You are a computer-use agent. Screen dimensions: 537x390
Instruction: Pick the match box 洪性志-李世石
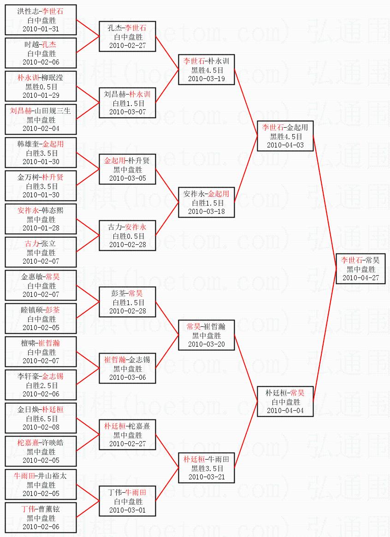click(x=41, y=20)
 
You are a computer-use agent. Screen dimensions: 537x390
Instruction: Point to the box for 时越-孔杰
click(x=41, y=53)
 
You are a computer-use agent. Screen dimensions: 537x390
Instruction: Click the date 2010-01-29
click(x=41, y=95)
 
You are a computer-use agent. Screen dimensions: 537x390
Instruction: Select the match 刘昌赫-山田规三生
click(x=41, y=119)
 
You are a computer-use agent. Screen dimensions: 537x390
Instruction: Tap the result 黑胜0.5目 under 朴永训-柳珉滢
click(x=41, y=87)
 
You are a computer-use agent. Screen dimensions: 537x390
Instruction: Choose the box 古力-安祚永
click(x=127, y=236)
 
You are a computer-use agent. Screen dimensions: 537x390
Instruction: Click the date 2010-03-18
click(x=206, y=211)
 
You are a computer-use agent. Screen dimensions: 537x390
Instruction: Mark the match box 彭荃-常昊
click(x=127, y=302)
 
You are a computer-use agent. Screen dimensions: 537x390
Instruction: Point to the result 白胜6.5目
click(x=41, y=419)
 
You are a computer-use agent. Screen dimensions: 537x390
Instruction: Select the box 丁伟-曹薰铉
click(x=41, y=518)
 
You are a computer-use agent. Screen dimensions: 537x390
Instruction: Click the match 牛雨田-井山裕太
click(x=41, y=484)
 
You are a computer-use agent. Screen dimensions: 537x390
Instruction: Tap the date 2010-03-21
click(x=206, y=477)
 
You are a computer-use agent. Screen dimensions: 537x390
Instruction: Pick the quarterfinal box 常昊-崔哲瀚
click(x=206, y=335)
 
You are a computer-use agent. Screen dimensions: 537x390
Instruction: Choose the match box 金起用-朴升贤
click(x=127, y=169)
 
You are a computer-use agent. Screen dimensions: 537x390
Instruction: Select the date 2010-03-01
click(x=127, y=510)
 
